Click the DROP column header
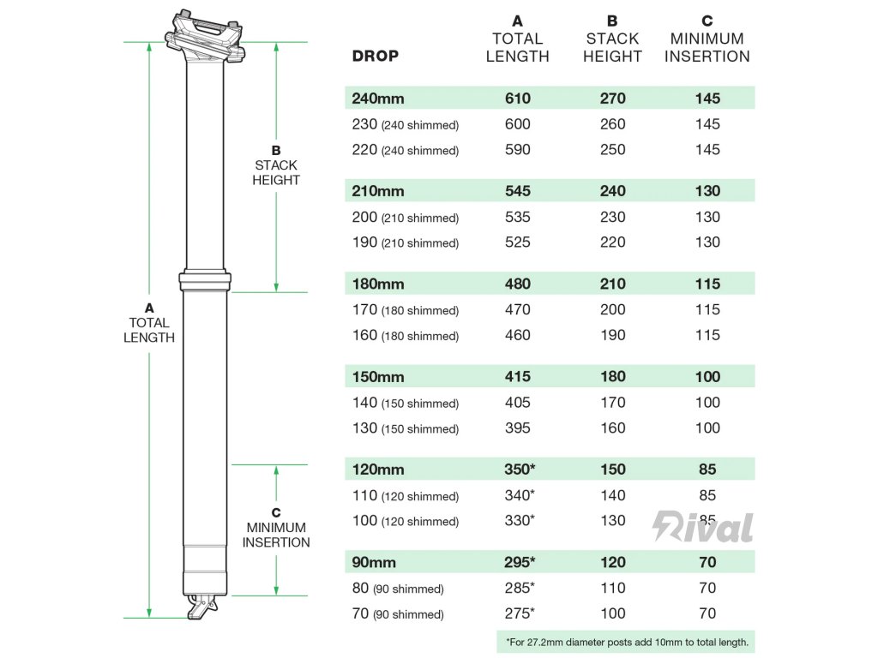[x=376, y=57]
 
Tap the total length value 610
[x=517, y=99]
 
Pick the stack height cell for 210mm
[x=612, y=191]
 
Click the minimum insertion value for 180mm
[x=707, y=284]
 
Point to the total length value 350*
[x=520, y=470]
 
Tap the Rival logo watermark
[x=703, y=527]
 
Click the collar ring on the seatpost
[x=206, y=280]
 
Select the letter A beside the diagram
[x=149, y=307]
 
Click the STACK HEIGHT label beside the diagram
[x=276, y=172]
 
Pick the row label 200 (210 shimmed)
[x=406, y=218]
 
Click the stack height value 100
[x=612, y=613]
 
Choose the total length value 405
[x=517, y=403]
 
